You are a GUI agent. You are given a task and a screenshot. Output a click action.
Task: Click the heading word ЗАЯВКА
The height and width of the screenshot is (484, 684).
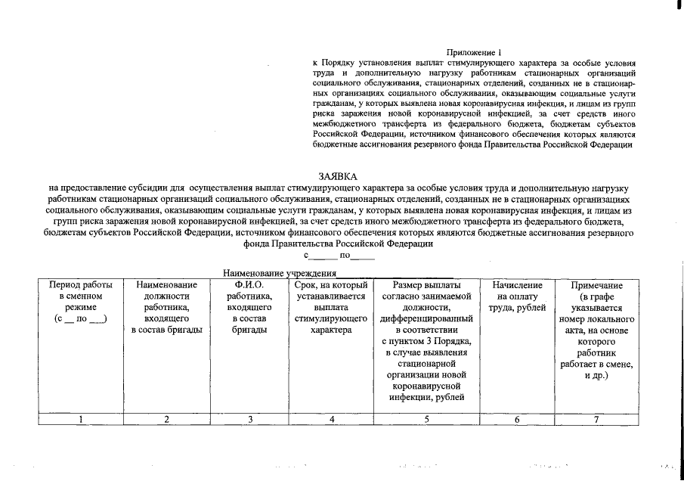[337, 175]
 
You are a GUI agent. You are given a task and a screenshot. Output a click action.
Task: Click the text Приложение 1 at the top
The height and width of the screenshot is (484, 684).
[474, 52]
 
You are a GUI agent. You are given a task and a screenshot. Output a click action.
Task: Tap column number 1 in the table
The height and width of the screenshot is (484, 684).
[81, 420]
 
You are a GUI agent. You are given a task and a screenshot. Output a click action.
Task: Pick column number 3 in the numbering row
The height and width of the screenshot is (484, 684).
[249, 420]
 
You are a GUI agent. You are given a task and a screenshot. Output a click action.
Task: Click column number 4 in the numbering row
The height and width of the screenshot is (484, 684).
[331, 420]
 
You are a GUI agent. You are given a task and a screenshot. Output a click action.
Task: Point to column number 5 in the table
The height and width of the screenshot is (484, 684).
[426, 420]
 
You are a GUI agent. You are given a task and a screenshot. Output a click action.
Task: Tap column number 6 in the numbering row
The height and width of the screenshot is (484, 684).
[517, 420]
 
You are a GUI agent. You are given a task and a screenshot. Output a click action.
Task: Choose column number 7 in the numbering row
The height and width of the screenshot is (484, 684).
[596, 420]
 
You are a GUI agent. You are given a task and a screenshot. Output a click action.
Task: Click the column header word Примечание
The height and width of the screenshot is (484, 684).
[597, 286]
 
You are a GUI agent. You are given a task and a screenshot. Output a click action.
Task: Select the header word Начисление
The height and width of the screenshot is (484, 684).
[517, 285]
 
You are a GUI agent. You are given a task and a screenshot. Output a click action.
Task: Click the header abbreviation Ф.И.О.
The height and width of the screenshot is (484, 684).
[249, 285]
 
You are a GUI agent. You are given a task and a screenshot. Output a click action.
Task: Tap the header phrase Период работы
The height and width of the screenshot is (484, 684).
[81, 285]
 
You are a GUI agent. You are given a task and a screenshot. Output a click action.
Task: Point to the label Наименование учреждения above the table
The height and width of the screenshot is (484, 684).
[279, 272]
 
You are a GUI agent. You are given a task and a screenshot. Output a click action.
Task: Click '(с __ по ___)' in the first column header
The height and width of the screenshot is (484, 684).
[81, 319]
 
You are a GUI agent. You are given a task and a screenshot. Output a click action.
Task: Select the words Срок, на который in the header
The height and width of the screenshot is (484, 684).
[331, 285]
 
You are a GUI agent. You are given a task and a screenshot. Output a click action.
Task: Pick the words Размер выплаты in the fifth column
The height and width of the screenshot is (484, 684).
[426, 285]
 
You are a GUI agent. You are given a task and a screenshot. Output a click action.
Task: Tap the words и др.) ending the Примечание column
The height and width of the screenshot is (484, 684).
[597, 376]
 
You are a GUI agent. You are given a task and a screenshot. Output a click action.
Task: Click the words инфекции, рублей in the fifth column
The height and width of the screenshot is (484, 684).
[426, 399]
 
